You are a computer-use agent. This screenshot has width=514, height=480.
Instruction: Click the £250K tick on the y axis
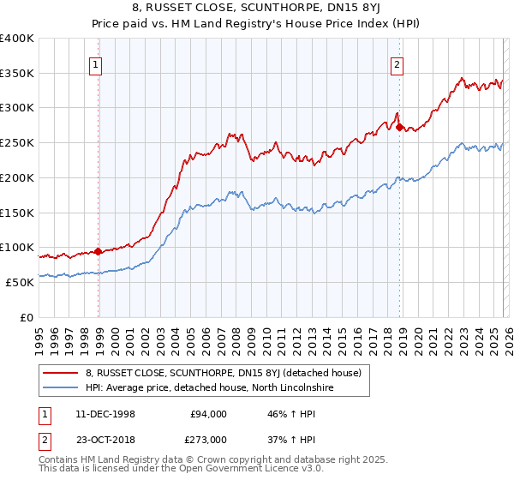[17, 143]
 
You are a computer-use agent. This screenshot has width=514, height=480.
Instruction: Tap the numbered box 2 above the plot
[397, 63]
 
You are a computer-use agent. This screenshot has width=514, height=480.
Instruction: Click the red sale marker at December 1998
[99, 251]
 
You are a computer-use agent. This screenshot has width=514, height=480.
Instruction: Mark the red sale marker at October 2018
[400, 127]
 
